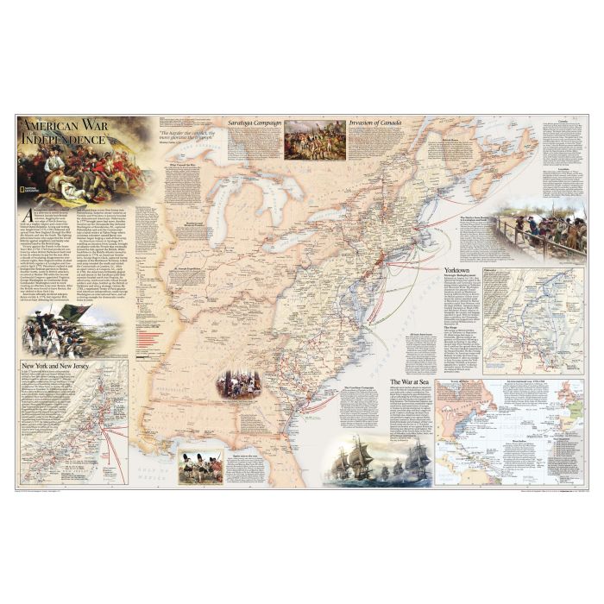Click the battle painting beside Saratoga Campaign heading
point(314,139)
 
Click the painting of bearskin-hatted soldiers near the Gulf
point(199,466)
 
